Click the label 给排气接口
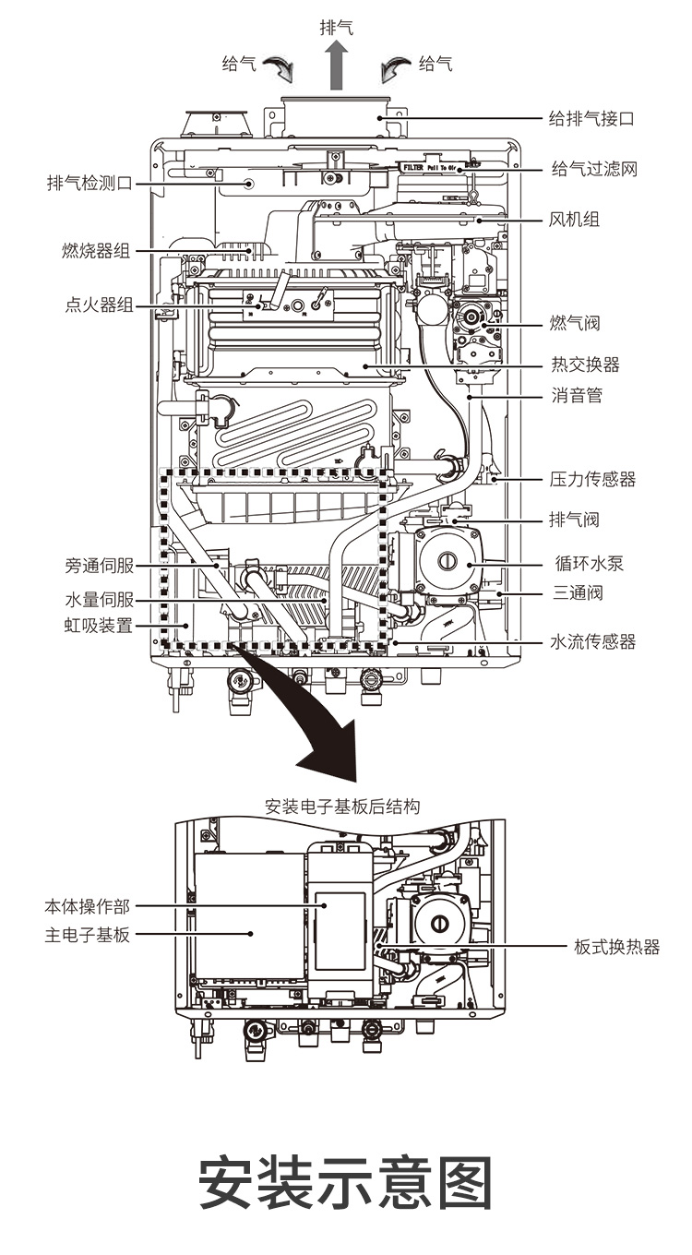click(591, 119)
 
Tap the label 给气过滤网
click(594, 170)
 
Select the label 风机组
click(574, 220)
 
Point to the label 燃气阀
click(574, 323)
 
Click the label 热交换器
click(584, 365)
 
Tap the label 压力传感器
click(592, 480)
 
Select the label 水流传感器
click(592, 642)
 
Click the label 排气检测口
click(89, 183)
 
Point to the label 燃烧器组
click(96, 251)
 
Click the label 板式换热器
click(616, 947)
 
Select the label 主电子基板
click(88, 935)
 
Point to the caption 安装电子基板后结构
click(342, 807)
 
